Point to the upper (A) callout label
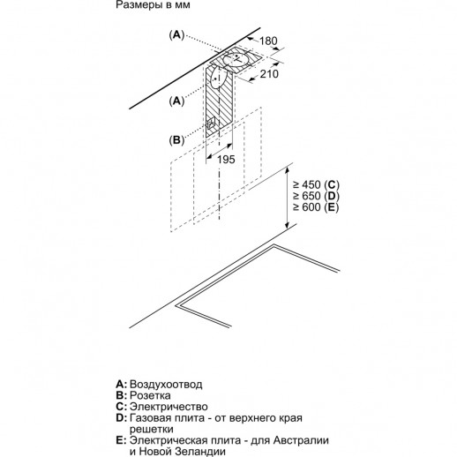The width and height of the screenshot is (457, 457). pos(177,34)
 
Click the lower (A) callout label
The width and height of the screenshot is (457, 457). pos(177,101)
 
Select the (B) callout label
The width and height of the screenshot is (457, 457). pos(177,140)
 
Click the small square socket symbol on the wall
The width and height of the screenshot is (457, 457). pos(211,124)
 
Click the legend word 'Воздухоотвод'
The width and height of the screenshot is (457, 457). pos(166,385)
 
